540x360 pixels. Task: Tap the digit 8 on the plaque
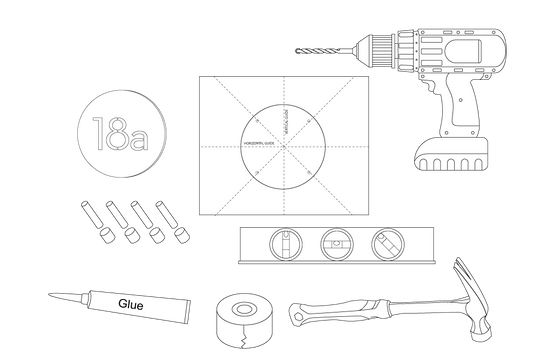point(116,134)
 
